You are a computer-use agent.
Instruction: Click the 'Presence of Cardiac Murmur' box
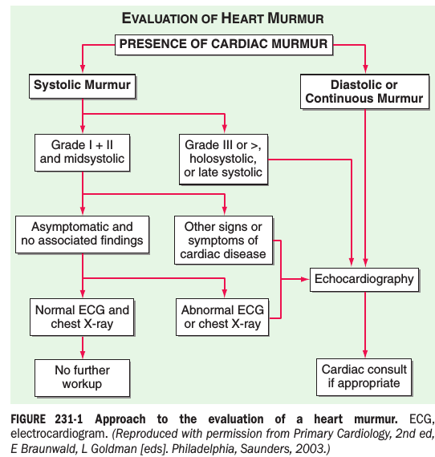point(224,45)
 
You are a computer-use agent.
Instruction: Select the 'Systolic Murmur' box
point(83,86)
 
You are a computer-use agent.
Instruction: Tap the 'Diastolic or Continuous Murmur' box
point(364,91)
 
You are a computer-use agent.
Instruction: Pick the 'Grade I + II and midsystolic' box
point(83,152)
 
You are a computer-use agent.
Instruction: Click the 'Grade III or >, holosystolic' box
point(223,159)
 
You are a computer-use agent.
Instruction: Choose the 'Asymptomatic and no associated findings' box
point(83,234)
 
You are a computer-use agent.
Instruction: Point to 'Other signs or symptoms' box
point(223,241)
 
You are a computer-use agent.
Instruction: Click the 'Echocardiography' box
point(364,280)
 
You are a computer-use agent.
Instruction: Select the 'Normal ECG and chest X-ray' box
point(82,317)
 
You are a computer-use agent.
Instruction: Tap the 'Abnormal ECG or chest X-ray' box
point(222,317)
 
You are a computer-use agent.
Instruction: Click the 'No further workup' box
point(83,378)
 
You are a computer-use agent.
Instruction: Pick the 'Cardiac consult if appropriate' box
point(364,377)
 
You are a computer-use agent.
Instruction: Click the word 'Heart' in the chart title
point(242,18)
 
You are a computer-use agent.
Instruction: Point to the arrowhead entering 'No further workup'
point(83,354)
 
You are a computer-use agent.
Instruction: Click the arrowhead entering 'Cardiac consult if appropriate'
point(365,354)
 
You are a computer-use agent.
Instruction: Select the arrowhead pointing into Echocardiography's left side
point(305,279)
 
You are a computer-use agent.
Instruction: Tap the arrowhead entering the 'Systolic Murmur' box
point(83,69)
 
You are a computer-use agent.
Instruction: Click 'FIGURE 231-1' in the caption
point(47,419)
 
